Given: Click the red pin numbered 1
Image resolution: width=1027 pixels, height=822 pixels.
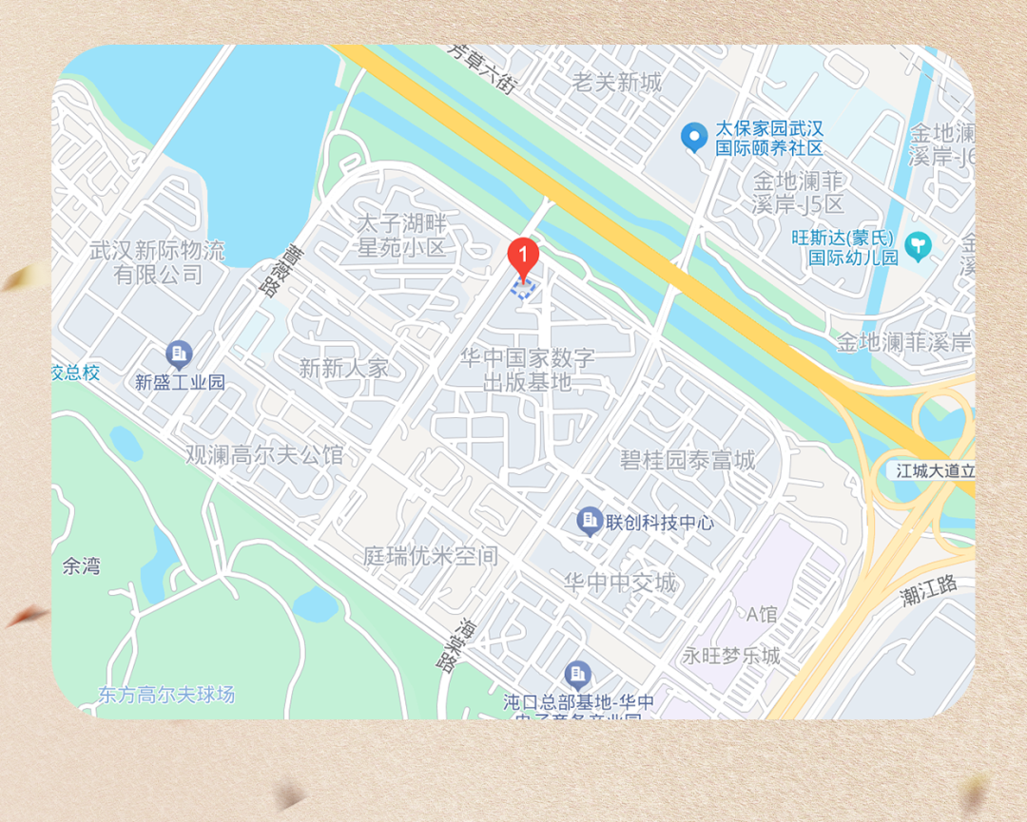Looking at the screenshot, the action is [x=523, y=255].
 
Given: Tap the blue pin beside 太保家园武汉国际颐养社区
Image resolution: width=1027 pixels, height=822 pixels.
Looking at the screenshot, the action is [x=695, y=137].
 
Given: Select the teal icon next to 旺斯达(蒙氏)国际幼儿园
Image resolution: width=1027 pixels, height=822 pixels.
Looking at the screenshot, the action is [x=918, y=245].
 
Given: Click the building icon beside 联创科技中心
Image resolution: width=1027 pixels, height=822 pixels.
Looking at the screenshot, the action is [x=590, y=521].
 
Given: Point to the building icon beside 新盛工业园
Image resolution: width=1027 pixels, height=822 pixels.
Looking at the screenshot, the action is [x=179, y=355].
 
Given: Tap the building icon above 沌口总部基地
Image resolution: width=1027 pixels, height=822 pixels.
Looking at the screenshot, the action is [x=577, y=675].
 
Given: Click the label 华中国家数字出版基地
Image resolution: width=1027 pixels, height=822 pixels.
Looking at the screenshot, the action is [x=527, y=371].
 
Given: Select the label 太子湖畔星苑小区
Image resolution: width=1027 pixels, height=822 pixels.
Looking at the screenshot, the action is [x=400, y=236].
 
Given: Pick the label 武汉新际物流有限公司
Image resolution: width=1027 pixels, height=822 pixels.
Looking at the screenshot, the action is [x=157, y=263].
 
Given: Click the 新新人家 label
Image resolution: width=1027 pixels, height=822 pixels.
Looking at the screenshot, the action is [x=343, y=368].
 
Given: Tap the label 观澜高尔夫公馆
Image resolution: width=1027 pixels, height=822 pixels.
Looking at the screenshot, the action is [x=264, y=454].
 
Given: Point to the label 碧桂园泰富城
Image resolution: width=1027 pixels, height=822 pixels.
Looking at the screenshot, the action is [x=687, y=461].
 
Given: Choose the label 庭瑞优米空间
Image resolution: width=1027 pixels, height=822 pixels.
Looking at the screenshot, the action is [x=431, y=556].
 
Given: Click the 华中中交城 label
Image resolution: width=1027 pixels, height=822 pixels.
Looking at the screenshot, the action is [x=620, y=582].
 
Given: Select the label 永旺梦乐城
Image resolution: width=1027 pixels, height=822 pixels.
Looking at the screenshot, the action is [x=731, y=656].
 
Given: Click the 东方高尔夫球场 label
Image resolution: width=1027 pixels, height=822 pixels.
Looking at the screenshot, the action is [x=166, y=695].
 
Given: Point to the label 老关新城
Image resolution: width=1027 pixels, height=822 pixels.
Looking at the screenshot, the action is [x=616, y=83].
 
